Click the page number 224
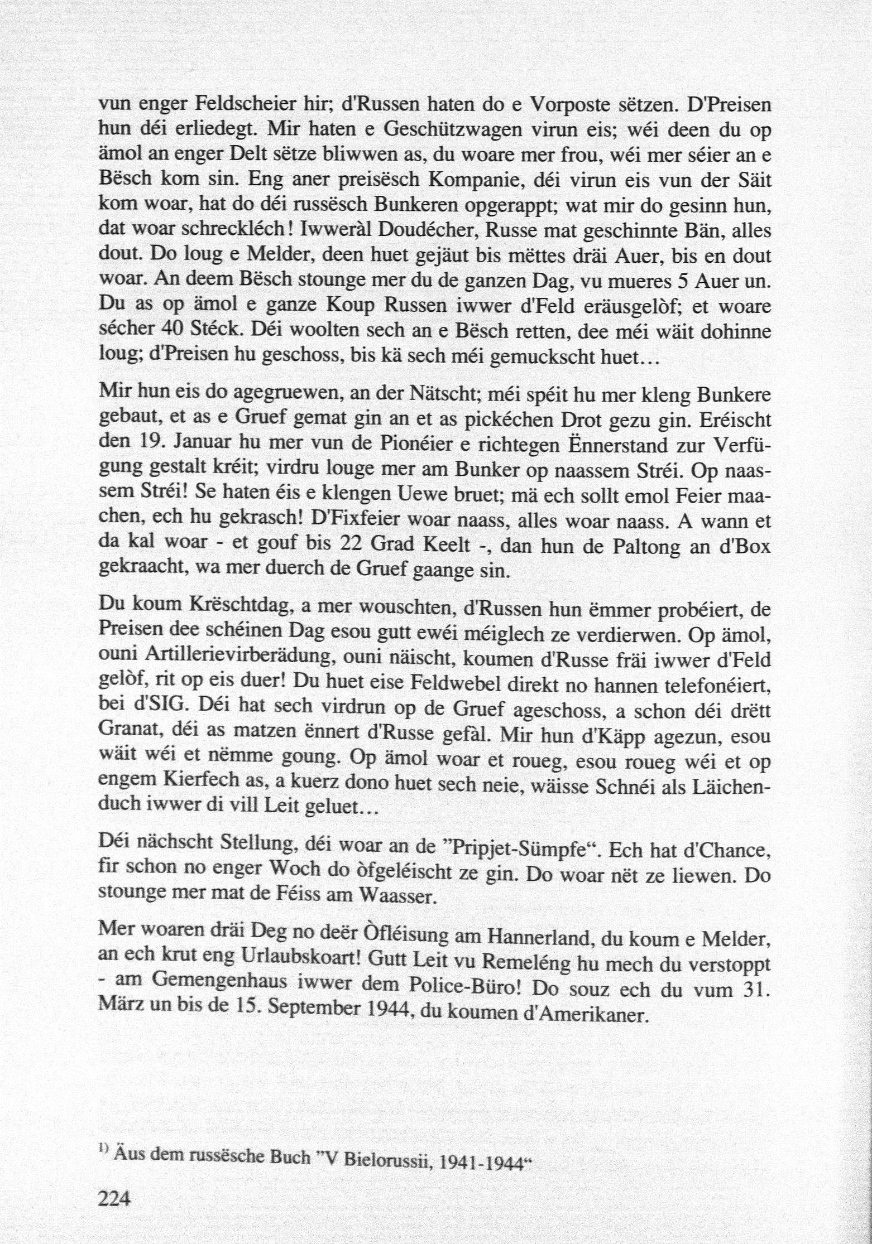[113, 1196]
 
